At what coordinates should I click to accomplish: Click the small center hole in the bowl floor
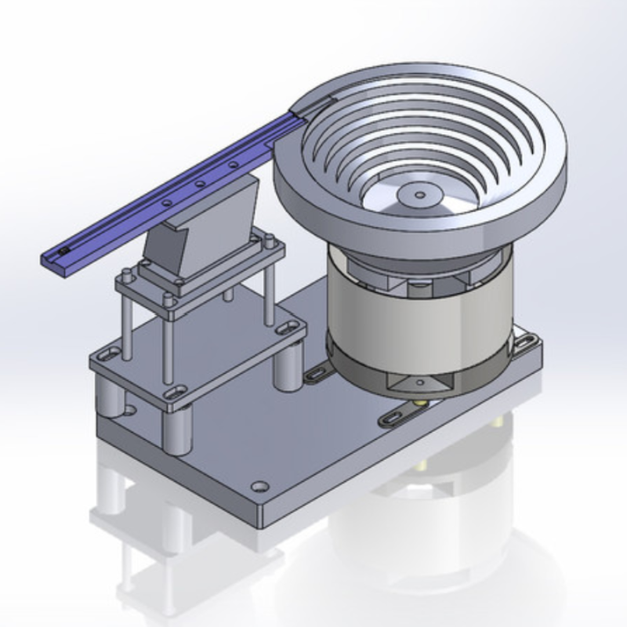pyautogui.click(x=418, y=194)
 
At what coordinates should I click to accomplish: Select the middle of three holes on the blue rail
pyautogui.click(x=200, y=183)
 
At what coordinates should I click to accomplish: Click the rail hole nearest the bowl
pyautogui.click(x=234, y=165)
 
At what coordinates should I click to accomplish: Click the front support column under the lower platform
pyautogui.click(x=179, y=427)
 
